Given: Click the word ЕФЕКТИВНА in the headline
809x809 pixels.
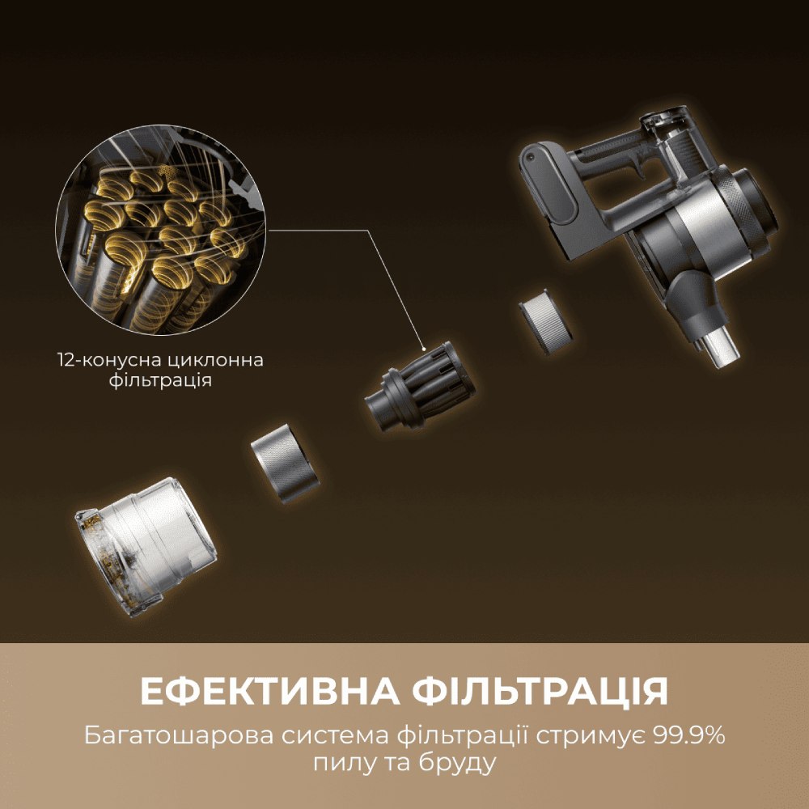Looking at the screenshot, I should click(x=269, y=693).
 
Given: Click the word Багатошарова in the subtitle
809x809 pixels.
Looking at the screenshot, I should click(x=177, y=737).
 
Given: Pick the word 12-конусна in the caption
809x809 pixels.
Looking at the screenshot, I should click(x=104, y=359).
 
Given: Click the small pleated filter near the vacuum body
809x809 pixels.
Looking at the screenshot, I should click(x=547, y=320).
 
